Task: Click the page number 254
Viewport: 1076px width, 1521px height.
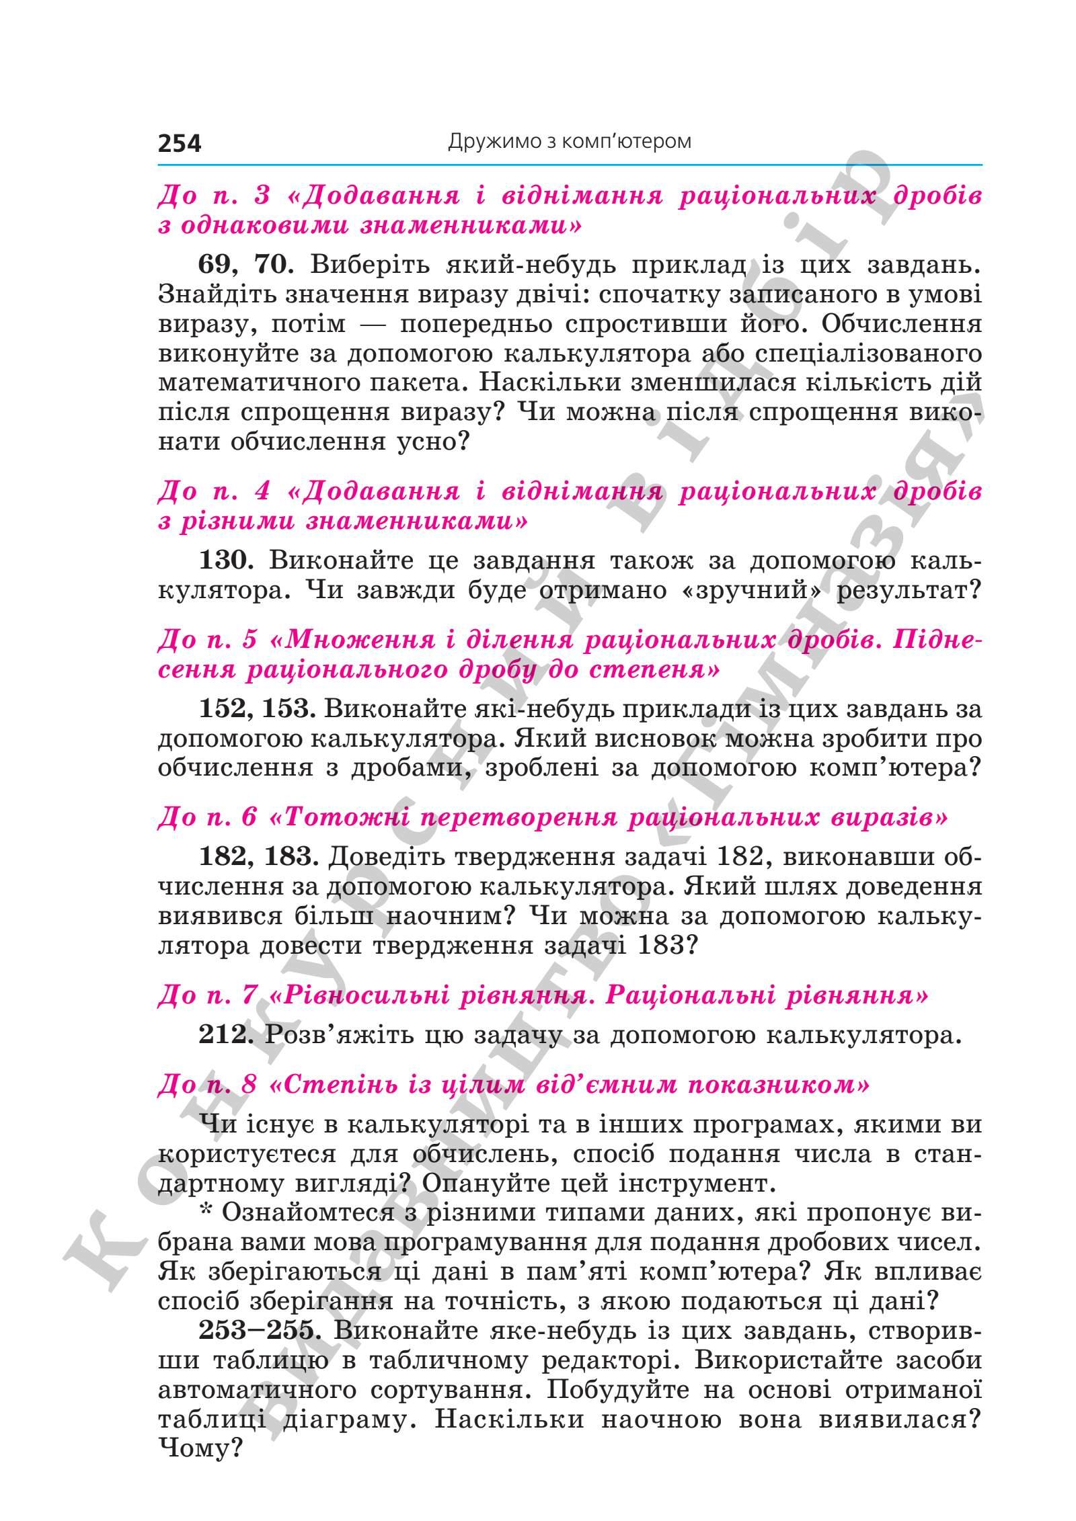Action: coord(180,143)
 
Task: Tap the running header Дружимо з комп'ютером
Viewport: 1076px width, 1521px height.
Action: coord(569,142)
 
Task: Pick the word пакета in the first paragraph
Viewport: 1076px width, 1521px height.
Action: coord(417,383)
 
